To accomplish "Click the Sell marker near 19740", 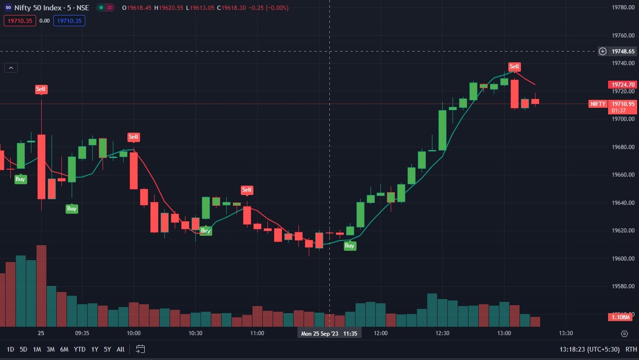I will coord(514,67).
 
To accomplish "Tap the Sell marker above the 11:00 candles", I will coord(247,190).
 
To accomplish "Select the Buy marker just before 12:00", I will coord(350,246).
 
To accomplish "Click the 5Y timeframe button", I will coord(107,349).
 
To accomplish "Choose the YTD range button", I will coord(80,349).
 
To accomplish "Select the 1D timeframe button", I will coord(10,349).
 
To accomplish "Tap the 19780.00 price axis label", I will coord(624,7).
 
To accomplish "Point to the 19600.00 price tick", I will coord(624,259).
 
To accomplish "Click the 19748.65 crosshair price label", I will coord(623,51).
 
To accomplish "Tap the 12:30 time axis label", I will coord(442,333).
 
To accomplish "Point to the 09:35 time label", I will coord(82,333).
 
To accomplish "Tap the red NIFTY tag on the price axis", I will coord(598,104).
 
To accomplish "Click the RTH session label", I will coord(631,349).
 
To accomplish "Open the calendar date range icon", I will coord(141,349).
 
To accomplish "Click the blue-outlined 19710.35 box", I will coord(69,21).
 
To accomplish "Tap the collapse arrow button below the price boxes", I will coord(11,68).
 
